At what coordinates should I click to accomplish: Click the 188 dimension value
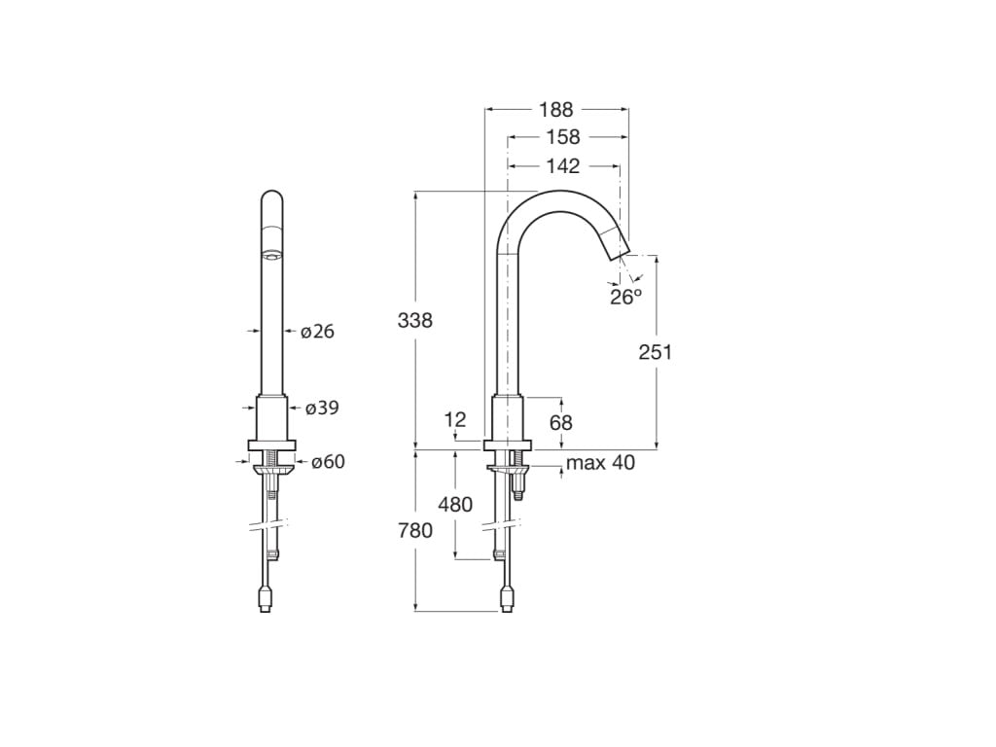556,110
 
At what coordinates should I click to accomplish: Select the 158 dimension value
562,137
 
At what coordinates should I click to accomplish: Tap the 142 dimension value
562,165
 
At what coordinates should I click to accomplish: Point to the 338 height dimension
414,320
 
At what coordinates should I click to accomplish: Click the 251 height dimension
655,352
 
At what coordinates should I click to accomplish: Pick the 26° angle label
625,297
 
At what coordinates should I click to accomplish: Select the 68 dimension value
561,422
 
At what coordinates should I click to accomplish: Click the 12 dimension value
455,420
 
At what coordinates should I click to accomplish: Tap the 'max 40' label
600,463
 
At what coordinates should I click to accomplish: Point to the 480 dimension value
455,504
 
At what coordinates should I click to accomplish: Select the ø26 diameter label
317,332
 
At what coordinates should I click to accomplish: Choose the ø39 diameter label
321,408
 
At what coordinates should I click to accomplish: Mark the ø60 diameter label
328,462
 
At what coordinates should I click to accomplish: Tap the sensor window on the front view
272,257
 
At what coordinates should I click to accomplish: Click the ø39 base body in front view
272,418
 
